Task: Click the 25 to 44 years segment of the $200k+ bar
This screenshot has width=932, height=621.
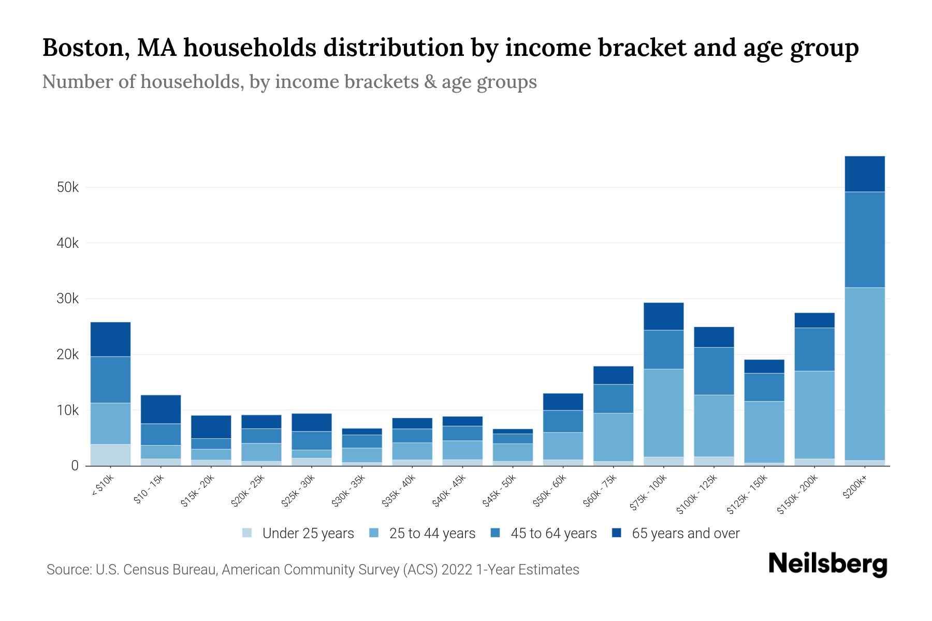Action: point(865,374)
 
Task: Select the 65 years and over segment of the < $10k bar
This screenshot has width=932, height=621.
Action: point(110,339)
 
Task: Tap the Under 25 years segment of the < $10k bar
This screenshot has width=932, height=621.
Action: point(110,455)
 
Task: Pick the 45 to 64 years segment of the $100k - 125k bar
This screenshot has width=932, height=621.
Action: point(714,371)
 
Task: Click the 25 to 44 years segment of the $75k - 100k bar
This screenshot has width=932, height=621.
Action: point(664,412)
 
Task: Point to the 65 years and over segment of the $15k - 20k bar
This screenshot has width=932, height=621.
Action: point(211,427)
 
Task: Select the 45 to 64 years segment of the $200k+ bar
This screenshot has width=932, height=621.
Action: point(865,240)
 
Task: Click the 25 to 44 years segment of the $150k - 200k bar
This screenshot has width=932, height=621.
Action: point(814,415)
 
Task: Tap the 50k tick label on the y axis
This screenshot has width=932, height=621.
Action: point(68,187)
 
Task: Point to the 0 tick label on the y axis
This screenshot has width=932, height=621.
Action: point(75,466)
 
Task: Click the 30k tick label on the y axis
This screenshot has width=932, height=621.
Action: point(68,299)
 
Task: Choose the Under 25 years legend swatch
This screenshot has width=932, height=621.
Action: point(247,533)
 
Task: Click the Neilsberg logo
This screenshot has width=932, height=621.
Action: point(827,564)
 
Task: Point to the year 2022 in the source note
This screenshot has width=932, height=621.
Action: point(458,570)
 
